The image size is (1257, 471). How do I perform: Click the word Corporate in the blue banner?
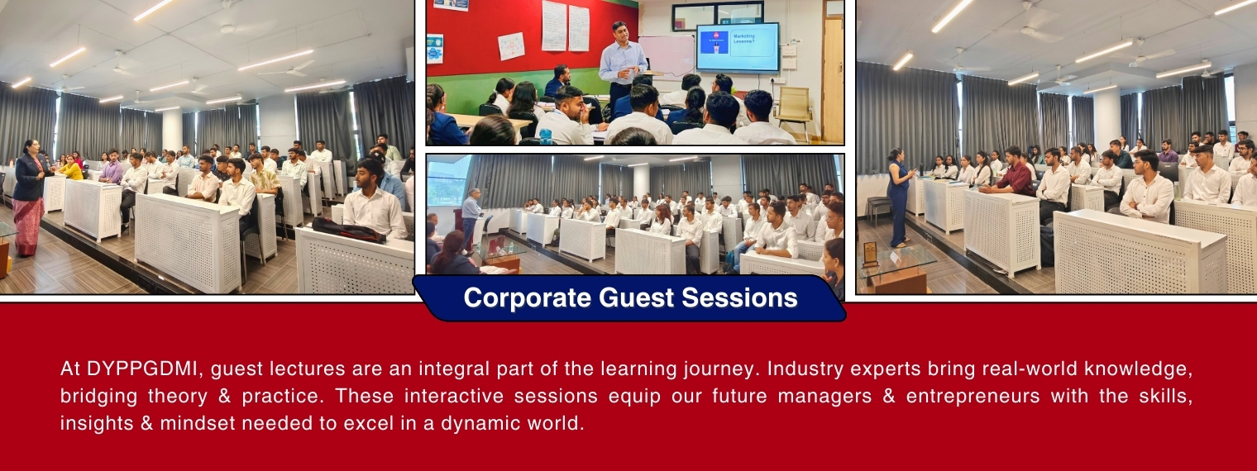(x=527, y=297)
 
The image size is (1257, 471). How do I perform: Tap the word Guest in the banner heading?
(x=636, y=297)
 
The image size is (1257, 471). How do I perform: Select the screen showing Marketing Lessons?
(x=738, y=47)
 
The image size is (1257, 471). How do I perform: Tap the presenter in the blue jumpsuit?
(x=898, y=197)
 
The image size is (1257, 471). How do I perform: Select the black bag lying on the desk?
(x=348, y=230)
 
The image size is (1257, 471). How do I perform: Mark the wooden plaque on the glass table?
(x=870, y=254)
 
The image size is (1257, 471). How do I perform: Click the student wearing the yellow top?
(x=71, y=168)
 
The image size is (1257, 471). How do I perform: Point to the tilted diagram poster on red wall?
(x=511, y=46)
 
